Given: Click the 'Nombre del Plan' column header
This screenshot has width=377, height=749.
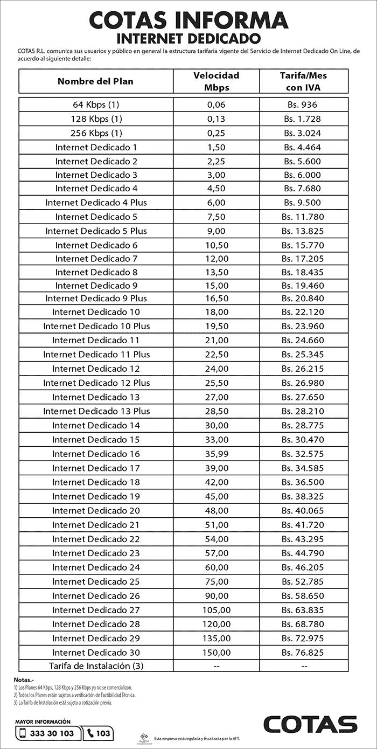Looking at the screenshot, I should [95, 81].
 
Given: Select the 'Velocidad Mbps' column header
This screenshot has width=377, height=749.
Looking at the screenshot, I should [216, 81].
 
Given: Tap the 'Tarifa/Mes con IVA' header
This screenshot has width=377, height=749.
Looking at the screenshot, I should [304, 81].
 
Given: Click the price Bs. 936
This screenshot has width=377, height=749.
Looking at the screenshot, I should [304, 105].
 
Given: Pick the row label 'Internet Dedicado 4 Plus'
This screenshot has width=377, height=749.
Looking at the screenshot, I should [96, 203].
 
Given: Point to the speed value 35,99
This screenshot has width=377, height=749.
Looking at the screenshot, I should [216, 454].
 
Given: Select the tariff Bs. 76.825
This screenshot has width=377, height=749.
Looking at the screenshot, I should [304, 652].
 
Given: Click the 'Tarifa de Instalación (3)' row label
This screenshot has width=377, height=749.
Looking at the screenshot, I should [96, 666].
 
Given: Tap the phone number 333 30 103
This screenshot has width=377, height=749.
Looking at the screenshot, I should [52, 733].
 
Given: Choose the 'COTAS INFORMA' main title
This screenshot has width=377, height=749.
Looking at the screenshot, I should [188, 20].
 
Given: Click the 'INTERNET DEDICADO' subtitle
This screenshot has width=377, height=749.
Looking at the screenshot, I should [188, 39].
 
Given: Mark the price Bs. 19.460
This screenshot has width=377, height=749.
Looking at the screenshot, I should [304, 286].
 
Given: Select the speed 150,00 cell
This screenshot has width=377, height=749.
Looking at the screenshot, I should [216, 652].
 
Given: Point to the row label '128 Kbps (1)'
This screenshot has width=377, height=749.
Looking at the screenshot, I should [96, 119].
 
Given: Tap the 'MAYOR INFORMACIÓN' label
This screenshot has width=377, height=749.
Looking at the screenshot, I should [43, 721].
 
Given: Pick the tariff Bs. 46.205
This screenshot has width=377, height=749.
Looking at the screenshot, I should [304, 567].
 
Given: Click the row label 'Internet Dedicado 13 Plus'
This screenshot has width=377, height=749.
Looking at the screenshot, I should [96, 411].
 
